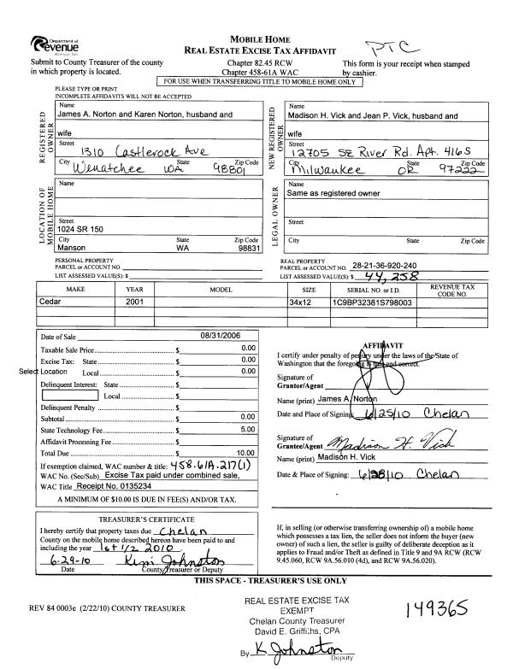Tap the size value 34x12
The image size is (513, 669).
click(x=302, y=302)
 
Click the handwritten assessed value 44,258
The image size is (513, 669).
click(x=396, y=276)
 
